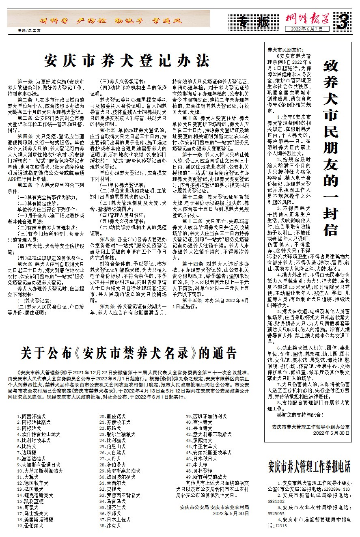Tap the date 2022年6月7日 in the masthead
pos(309,29)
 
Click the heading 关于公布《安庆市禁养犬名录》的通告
pos(129,352)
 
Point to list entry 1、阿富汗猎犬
pos(34,416)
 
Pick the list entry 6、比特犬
pos(29,446)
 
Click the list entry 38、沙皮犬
pos(110,525)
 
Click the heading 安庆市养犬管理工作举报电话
pos(309,466)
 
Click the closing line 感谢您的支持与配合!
pos(300,415)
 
